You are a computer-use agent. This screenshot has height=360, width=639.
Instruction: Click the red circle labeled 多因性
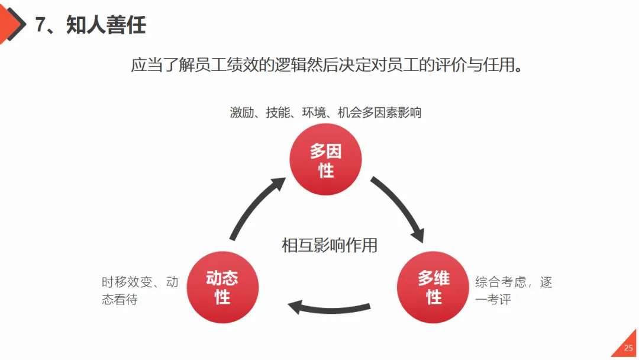click(325, 160)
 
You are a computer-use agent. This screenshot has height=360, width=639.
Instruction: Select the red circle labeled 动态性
click(222, 287)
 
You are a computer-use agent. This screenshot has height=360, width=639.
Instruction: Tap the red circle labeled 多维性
click(433, 287)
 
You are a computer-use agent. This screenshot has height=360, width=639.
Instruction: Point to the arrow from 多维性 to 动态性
click(328, 307)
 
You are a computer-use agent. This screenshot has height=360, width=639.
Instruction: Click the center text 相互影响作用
click(330, 245)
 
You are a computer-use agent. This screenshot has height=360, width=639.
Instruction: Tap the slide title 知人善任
click(106, 25)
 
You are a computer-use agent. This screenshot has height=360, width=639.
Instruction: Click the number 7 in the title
click(41, 25)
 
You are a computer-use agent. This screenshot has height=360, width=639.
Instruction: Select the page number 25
click(628, 348)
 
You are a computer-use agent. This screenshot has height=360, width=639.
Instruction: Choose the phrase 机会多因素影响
click(379, 112)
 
